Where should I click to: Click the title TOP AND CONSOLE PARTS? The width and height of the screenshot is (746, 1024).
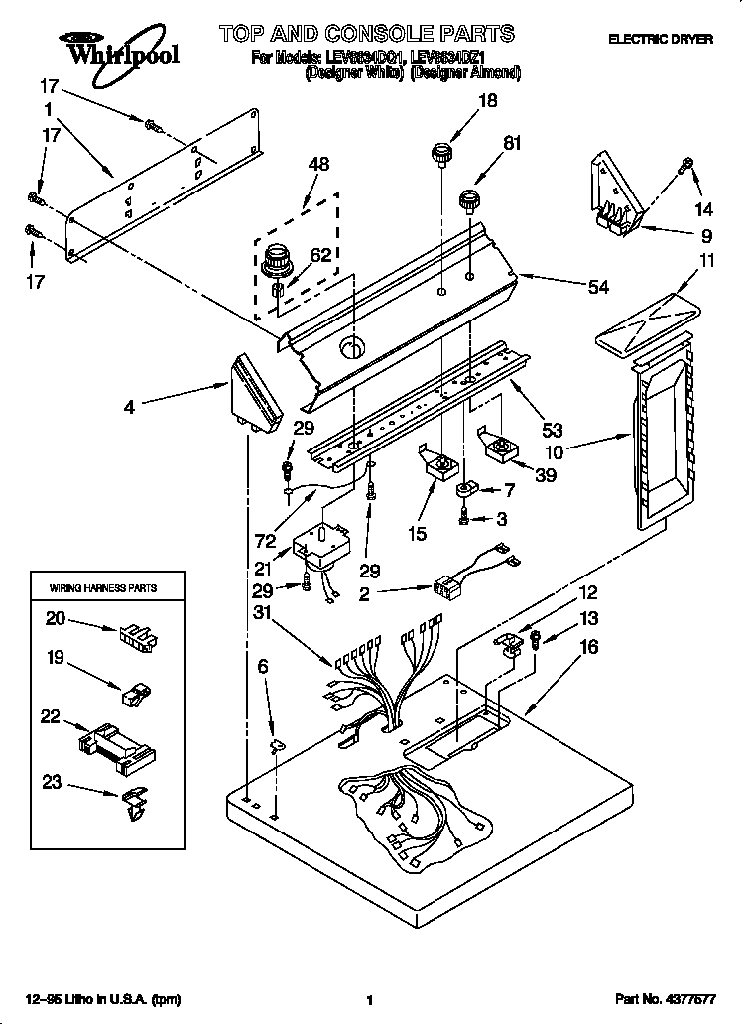[x=367, y=34]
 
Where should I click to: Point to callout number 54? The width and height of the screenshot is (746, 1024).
[x=598, y=287]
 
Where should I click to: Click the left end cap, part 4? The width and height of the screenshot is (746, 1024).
[x=251, y=393]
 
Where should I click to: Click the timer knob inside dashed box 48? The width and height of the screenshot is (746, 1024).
[x=275, y=264]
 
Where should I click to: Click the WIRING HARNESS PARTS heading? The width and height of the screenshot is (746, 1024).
[x=103, y=588]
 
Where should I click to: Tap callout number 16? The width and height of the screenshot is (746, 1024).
[x=589, y=646]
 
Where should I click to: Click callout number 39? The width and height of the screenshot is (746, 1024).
[x=544, y=474]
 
